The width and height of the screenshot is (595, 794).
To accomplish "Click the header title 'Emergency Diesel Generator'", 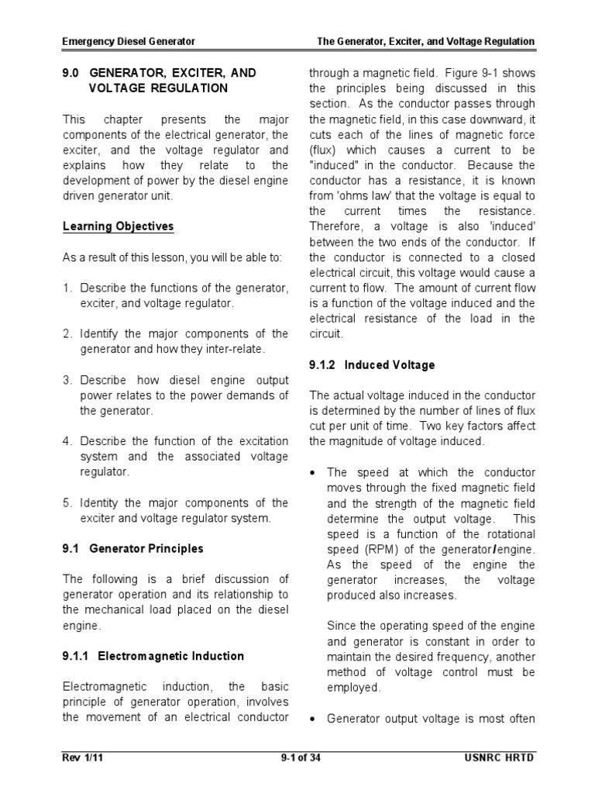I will [x=129, y=40].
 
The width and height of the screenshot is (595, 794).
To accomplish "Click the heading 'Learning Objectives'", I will [x=118, y=226].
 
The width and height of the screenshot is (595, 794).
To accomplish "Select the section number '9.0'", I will [x=72, y=73].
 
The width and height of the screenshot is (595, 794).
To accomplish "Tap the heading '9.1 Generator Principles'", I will [x=132, y=548].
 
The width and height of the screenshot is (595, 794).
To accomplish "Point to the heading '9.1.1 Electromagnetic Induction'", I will [x=153, y=656].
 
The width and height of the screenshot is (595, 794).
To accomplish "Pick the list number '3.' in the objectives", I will [x=67, y=380].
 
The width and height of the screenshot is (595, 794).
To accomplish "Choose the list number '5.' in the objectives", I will [x=67, y=502].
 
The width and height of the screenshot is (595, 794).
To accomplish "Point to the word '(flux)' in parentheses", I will [x=324, y=150].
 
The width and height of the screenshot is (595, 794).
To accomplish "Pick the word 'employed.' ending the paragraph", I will [x=353, y=687].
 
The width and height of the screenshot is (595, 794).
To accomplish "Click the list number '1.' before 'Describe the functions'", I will [x=67, y=288].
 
